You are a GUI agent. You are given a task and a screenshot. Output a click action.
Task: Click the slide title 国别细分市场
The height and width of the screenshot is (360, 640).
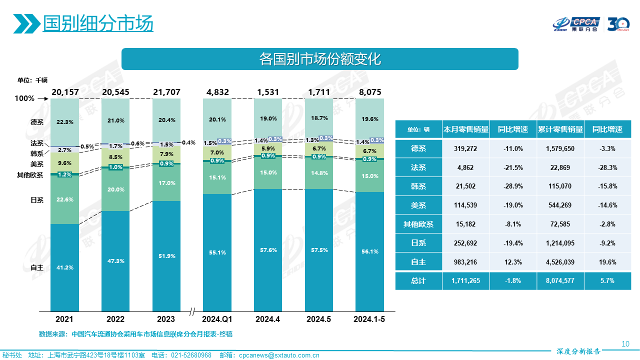pyautogui.click(x=98, y=23)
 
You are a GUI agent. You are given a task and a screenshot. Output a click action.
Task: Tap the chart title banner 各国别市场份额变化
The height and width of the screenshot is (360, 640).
pyautogui.click(x=320, y=59)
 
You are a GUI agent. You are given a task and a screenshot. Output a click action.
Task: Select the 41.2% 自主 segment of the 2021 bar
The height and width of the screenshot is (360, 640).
pyautogui.click(x=65, y=267)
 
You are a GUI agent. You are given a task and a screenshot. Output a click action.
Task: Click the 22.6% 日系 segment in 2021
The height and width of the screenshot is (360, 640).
pyautogui.click(x=65, y=199)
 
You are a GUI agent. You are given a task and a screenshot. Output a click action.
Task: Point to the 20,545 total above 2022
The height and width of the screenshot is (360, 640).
pyautogui.click(x=115, y=92)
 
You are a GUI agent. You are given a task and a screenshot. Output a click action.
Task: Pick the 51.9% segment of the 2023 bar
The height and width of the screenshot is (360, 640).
pyautogui.click(x=166, y=256)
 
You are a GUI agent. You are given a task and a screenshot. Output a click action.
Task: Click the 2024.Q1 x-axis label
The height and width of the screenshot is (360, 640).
pyautogui.click(x=217, y=319)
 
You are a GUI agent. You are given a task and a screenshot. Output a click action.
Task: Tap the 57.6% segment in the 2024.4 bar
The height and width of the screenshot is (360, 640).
pyautogui.click(x=268, y=250)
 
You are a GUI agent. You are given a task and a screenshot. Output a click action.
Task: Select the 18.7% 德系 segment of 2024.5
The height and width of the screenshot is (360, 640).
pyautogui.click(x=319, y=118)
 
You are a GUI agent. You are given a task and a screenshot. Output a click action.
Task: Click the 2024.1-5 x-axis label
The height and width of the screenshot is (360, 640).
pyautogui.click(x=369, y=319)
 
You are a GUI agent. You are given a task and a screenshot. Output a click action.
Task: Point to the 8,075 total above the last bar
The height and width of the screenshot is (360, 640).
pyautogui.click(x=369, y=92)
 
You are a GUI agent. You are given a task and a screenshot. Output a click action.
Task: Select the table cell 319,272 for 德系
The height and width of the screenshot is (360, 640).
pyautogui.click(x=465, y=148)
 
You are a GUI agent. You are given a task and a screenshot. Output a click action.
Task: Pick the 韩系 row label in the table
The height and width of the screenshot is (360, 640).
pyautogui.click(x=418, y=186)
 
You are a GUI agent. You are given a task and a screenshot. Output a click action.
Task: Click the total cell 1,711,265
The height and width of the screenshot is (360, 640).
pyautogui.click(x=465, y=281)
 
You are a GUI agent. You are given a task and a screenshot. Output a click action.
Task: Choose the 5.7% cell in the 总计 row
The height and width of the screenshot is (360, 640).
pyautogui.click(x=607, y=281)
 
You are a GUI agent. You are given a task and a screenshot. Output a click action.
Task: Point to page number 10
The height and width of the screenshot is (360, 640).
pyautogui.click(x=625, y=343)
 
